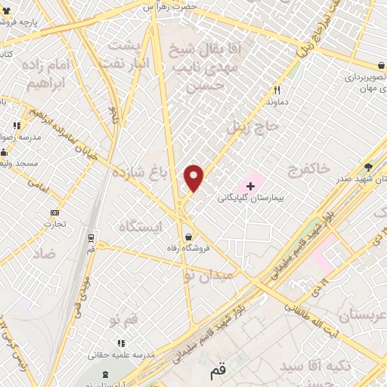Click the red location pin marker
pos(194,178)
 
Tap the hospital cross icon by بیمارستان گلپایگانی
pos(251,184)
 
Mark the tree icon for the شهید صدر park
pos(368,168)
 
